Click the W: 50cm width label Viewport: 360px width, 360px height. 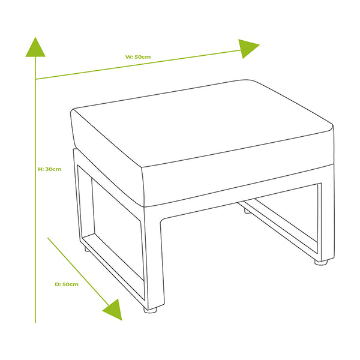pos(138,57)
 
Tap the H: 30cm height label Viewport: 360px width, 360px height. pos(50,169)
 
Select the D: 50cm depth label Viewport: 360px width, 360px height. pos(67,284)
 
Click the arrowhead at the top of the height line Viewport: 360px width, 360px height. pos(35,47)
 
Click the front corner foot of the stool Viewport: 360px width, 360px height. pos(151,310)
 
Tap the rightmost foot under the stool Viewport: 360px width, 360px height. pos(321,262)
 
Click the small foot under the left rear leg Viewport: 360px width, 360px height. pos(87,250)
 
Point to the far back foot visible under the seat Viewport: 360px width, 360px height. pos(247,211)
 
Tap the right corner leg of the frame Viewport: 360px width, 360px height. pos(327,218)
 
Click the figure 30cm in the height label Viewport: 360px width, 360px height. pos(53,169)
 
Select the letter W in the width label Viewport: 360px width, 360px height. pos(128,57)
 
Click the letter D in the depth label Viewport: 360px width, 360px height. pos(57,284)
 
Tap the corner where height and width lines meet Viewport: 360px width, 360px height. pos(35,79)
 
